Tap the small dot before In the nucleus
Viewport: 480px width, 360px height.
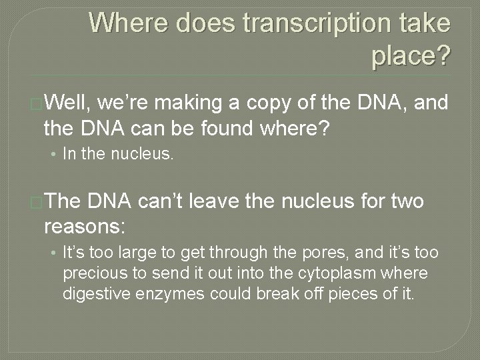click(x=53, y=155)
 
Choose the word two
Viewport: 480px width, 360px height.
click(x=405, y=201)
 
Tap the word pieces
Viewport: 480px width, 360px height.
click(x=355, y=293)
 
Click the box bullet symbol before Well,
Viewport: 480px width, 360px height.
click(x=37, y=103)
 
